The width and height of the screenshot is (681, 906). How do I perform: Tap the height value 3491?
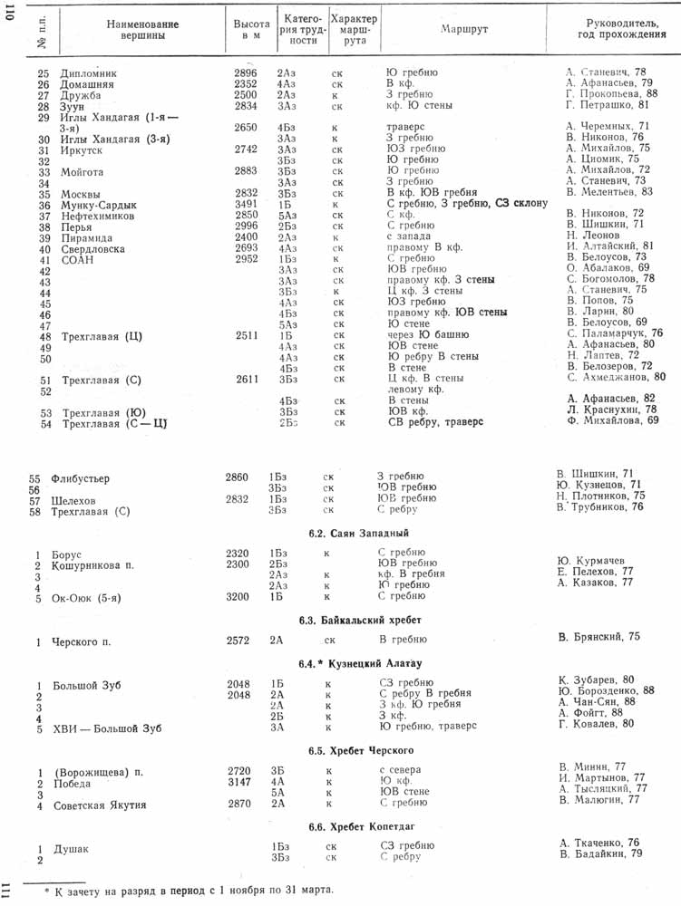pos(246,206)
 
